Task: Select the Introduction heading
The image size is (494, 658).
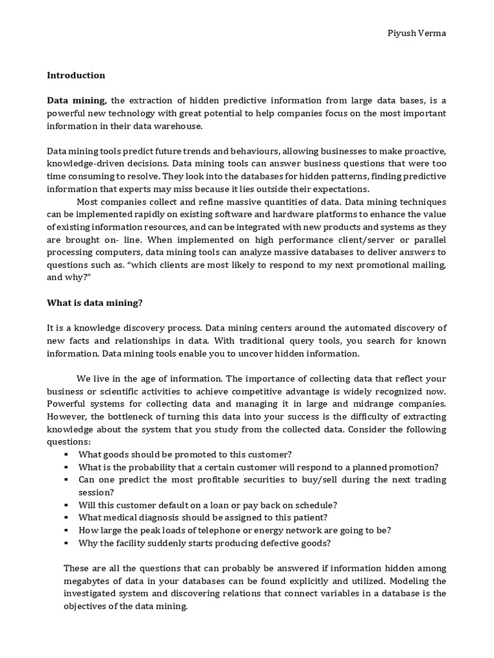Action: pos(76,75)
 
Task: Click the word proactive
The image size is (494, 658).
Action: pos(417,151)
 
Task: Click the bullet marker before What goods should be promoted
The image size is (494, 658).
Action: pos(67,454)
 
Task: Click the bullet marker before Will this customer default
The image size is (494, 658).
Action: pos(67,505)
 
